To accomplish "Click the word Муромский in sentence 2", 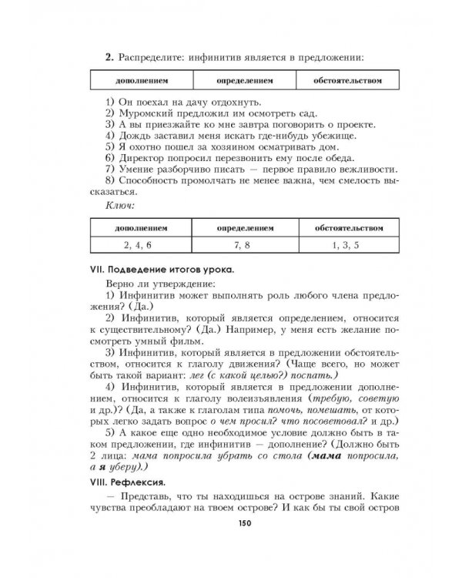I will click(x=142, y=113).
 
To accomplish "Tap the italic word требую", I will click(x=335, y=399).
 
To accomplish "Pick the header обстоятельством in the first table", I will click(x=347, y=80).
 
